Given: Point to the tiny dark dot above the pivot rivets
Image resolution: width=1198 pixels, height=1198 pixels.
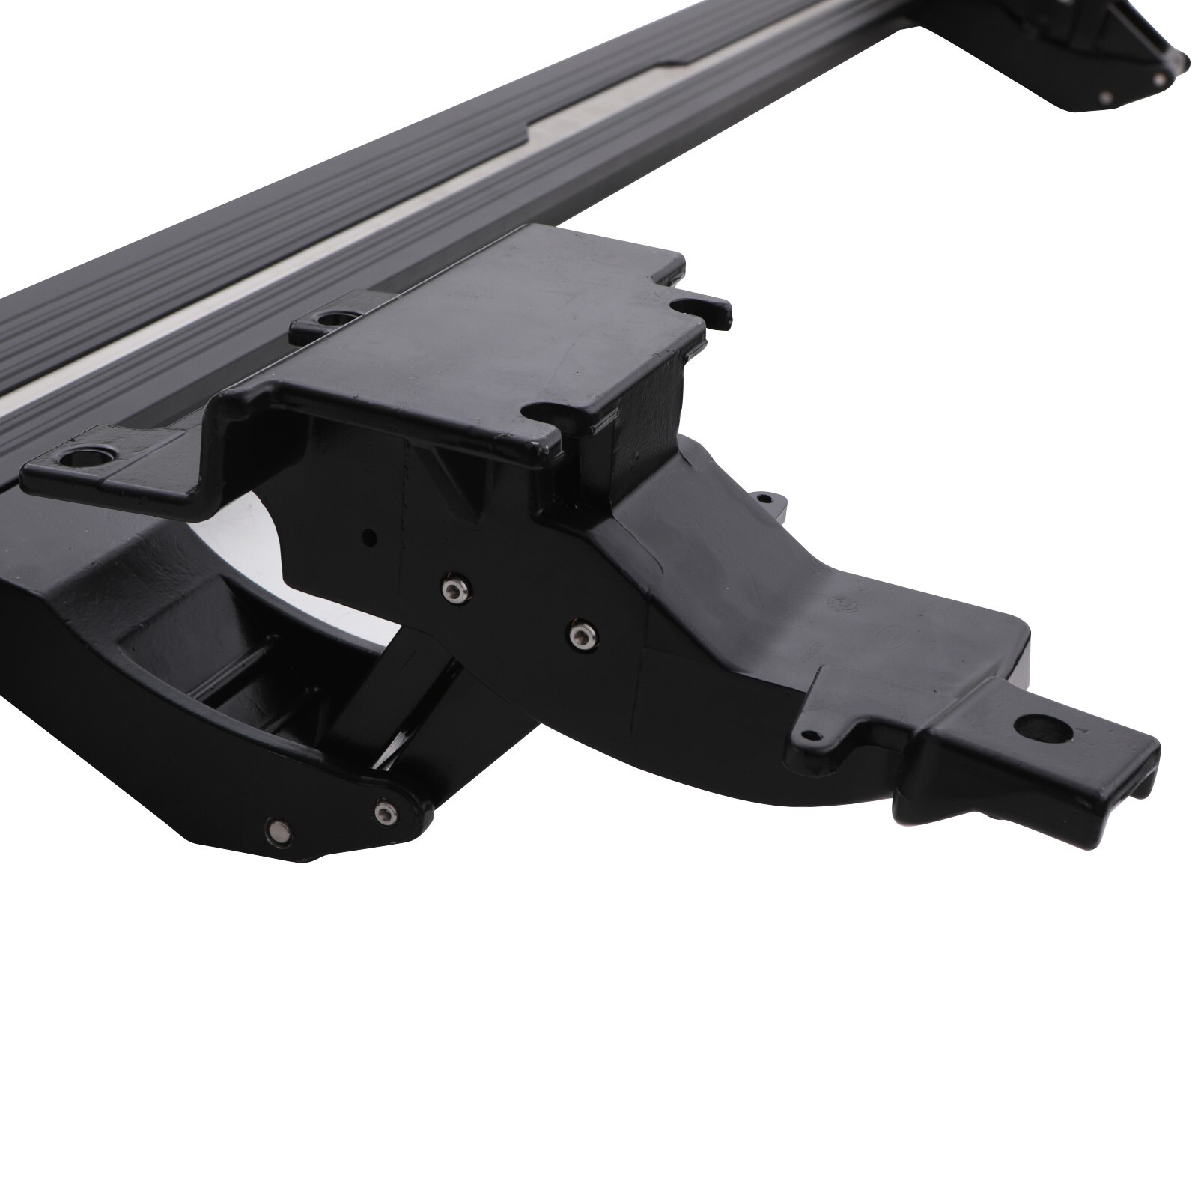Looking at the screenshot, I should pyautogui.click(x=368, y=535).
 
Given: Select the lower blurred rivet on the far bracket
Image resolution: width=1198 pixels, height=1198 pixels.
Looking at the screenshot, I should pyautogui.click(x=1105, y=97).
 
